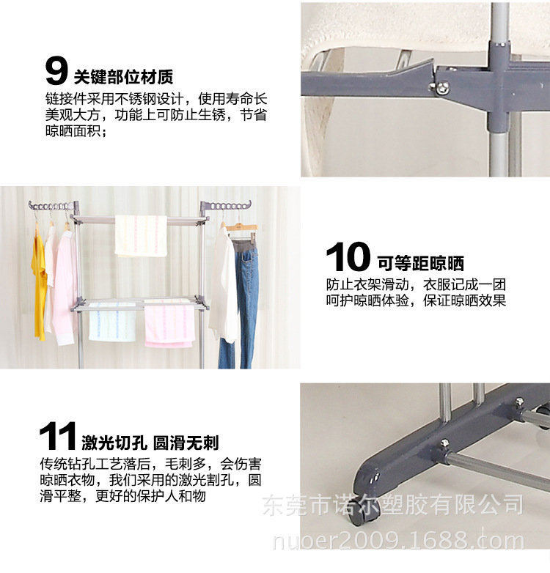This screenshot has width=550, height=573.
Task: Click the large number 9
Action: pos(56,71)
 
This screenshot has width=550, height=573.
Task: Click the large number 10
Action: pos(348,258)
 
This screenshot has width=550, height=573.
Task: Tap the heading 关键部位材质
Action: pos(123,76)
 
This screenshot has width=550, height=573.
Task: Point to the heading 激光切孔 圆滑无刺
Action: pos(150,443)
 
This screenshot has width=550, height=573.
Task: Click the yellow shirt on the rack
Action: pos(40,286)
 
